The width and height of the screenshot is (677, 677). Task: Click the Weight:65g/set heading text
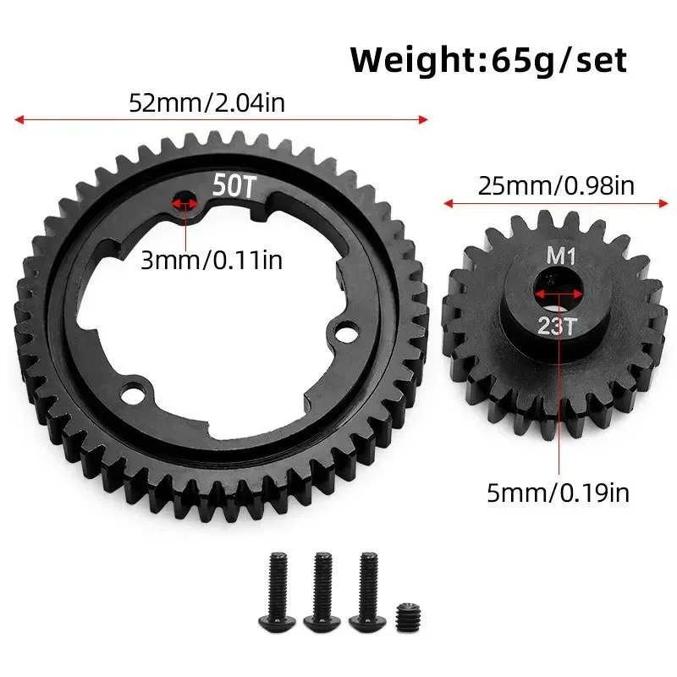pyautogui.click(x=489, y=60)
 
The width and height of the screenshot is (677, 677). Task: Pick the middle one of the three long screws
pyautogui.click(x=322, y=586)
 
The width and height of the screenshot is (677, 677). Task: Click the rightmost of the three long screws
pyautogui.click(x=366, y=586)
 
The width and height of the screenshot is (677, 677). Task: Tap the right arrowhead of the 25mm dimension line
pyautogui.click(x=665, y=203)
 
